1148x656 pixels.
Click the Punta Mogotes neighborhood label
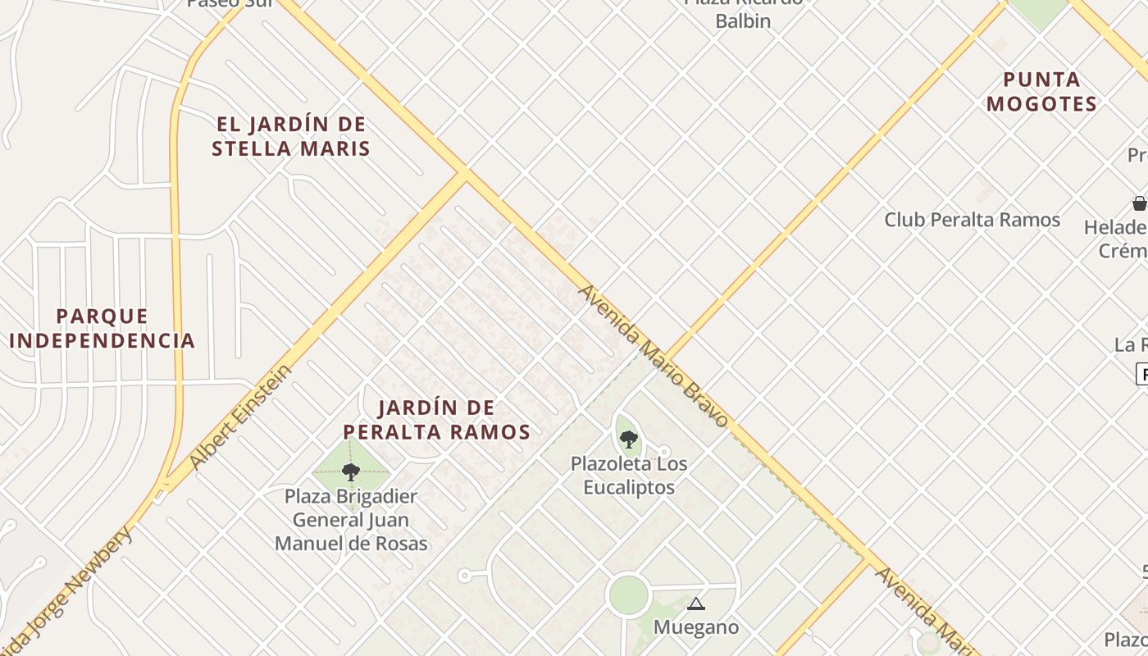pos(1041,92)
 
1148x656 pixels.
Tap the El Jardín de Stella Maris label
pos(290,136)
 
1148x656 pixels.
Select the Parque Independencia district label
pos(102,328)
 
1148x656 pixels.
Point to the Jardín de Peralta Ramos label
pos(436,419)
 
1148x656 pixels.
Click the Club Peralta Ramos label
pos(972,220)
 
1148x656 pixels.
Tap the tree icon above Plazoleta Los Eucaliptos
pos(629,440)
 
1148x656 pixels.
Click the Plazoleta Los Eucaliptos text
pos(629,476)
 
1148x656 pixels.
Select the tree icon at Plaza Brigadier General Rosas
pos(351,472)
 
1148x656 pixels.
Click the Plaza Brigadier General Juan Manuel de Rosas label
pos(351,520)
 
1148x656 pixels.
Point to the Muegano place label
pos(696,627)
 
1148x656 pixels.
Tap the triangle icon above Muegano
pos(696,605)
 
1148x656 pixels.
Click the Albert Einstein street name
pos(240,417)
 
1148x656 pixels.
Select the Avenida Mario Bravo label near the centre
pos(653,357)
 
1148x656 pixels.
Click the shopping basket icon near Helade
pos(1139,203)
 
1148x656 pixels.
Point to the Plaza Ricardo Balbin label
pos(743,11)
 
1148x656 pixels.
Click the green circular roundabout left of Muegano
pos(629,595)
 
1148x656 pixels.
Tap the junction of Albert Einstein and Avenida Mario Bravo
pos(464,173)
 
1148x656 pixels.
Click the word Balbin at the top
pos(743,21)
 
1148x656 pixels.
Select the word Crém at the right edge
pos(1123,250)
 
